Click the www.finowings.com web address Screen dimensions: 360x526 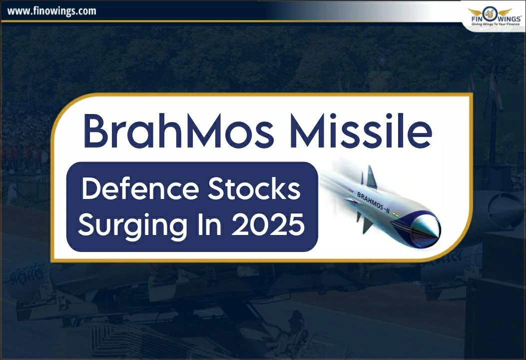coord(52,10)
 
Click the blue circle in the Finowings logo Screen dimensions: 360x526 coord(489,11)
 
